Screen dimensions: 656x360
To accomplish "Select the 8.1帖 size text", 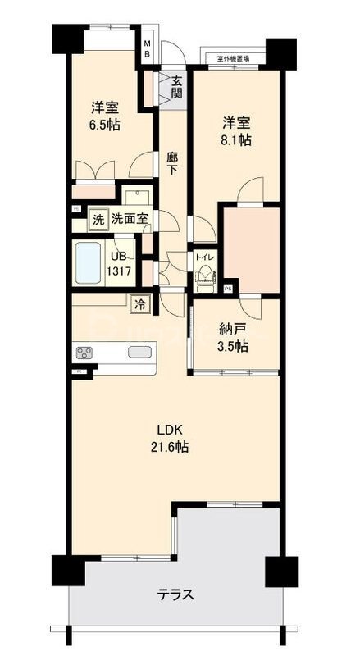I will [235, 140].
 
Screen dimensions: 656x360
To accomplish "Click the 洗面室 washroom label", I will [130, 219].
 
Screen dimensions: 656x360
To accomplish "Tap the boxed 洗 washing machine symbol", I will [98, 219].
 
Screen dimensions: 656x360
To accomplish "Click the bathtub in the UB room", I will [88, 262].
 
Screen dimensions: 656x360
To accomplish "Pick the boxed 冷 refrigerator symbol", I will [141, 304].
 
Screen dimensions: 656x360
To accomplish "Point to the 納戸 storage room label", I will [232, 330].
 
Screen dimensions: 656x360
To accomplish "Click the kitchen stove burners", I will [85, 353].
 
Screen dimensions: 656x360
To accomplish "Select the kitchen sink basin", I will [139, 353].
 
